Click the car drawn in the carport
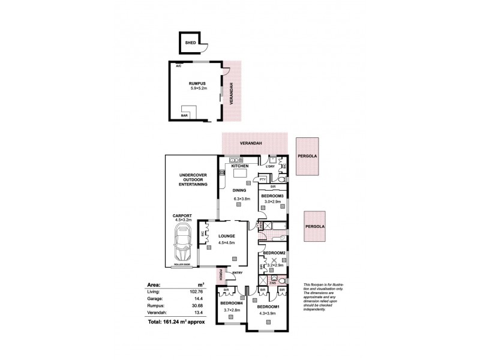(x=182, y=245)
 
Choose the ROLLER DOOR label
(x=181, y=264)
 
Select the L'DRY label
(x=278, y=166)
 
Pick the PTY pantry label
(x=263, y=178)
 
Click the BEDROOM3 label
(x=272, y=196)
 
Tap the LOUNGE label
(x=226, y=236)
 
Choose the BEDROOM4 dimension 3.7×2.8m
(x=230, y=310)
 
